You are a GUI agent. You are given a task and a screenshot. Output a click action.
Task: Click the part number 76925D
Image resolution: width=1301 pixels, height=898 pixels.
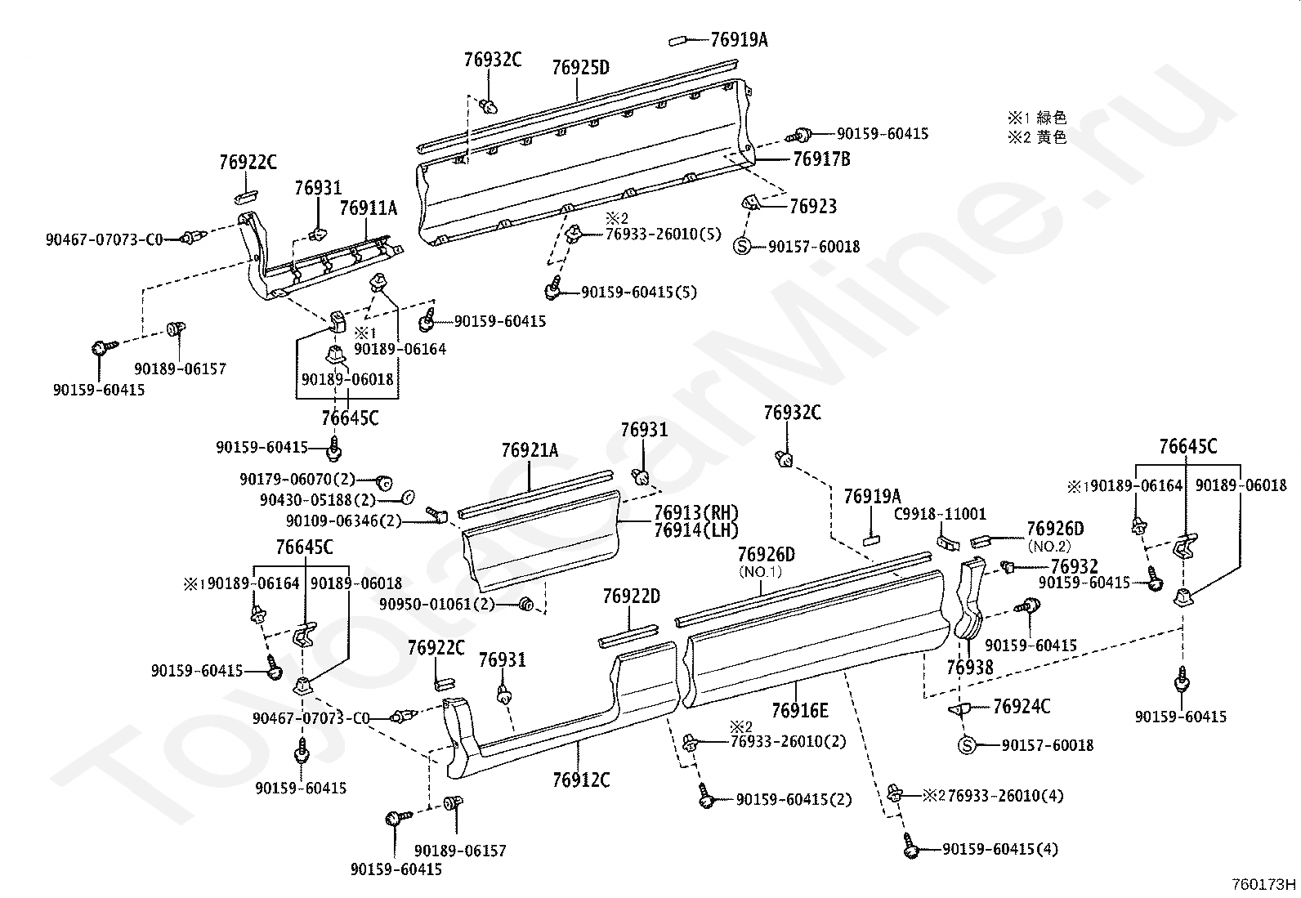[580, 68]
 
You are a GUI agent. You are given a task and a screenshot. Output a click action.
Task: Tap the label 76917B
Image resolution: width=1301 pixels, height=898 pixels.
[821, 159]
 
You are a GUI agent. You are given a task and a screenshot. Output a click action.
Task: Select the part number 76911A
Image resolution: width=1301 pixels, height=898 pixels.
[369, 208]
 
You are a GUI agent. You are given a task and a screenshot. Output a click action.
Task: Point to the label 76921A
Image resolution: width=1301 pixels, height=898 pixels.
[530, 450]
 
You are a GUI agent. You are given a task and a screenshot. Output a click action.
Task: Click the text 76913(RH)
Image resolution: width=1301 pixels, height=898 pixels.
[695, 513]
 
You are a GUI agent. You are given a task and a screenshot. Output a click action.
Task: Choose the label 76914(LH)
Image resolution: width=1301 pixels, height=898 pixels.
[695, 530]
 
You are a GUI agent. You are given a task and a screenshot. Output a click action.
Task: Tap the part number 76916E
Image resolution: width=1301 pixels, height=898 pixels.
[800, 710]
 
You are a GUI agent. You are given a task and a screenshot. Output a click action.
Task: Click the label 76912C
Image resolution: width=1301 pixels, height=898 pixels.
[581, 780]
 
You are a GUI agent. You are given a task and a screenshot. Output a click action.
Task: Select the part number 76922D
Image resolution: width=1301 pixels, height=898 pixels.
[632, 596]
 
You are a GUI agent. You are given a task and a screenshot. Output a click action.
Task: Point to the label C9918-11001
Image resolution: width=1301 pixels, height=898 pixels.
[940, 514]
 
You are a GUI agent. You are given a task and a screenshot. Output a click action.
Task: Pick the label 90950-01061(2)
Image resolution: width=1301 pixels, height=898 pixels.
[436, 604]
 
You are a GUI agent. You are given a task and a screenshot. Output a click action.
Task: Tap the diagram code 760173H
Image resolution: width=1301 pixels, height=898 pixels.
[1264, 884]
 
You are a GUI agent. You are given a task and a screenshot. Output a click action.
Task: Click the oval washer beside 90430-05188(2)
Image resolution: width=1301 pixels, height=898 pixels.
[409, 498]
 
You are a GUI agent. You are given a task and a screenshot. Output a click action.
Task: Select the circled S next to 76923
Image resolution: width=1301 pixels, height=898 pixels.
[742, 246]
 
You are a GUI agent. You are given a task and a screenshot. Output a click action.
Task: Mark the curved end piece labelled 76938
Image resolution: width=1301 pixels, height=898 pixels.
[969, 598]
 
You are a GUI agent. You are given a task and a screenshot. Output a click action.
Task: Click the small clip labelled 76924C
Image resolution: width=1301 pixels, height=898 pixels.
[959, 708]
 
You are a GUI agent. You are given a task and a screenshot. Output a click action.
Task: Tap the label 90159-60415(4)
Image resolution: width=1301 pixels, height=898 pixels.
[999, 849]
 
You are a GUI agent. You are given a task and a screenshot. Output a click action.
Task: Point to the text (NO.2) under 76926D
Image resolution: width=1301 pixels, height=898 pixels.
[1049, 546]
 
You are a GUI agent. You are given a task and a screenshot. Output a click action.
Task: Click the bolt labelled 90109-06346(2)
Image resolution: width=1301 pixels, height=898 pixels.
[437, 514]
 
